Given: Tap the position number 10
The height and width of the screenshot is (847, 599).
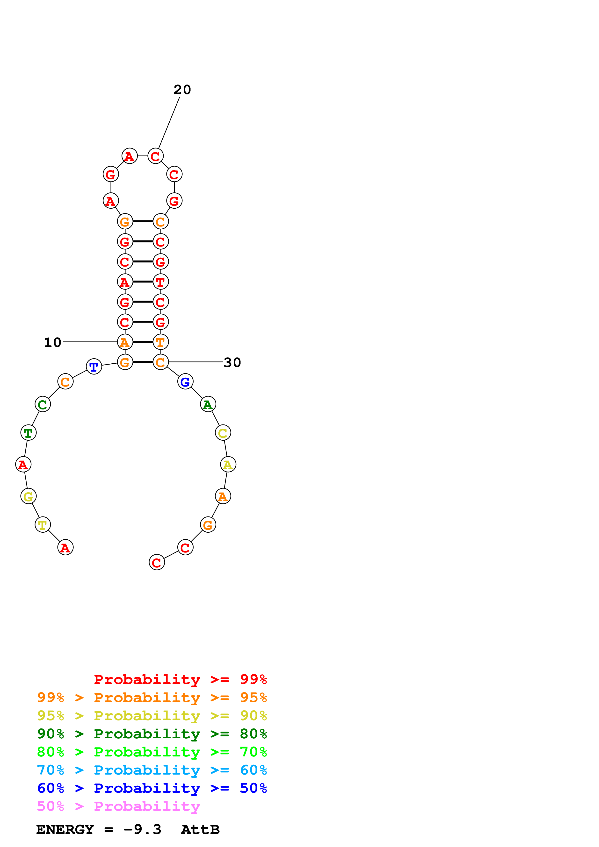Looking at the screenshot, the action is (52, 342).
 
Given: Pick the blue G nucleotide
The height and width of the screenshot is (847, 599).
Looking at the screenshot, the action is (185, 381).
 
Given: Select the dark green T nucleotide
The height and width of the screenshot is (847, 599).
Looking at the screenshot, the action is (29, 432).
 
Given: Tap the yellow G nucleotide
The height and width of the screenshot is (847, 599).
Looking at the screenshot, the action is (29, 496).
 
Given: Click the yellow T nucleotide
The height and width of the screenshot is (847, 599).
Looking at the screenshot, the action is (43, 525).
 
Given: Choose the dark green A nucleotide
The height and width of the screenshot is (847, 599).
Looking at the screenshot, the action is (208, 404).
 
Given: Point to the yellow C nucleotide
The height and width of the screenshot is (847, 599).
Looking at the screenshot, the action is (223, 433).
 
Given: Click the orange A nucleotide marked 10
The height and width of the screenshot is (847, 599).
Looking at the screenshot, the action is (125, 342).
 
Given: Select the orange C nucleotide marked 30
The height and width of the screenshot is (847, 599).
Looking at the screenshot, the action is (160, 362).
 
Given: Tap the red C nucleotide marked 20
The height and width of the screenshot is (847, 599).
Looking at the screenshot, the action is (155, 156).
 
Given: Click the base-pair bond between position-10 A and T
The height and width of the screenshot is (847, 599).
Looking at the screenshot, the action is (143, 342).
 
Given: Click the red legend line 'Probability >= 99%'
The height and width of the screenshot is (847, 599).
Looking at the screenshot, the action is (180, 679).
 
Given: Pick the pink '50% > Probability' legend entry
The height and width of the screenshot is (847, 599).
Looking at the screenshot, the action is (118, 806).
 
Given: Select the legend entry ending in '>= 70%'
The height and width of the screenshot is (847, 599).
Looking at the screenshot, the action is (152, 751).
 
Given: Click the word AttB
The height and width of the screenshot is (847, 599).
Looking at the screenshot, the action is (200, 830).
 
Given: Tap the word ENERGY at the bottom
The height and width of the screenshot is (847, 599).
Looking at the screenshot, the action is (65, 830).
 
